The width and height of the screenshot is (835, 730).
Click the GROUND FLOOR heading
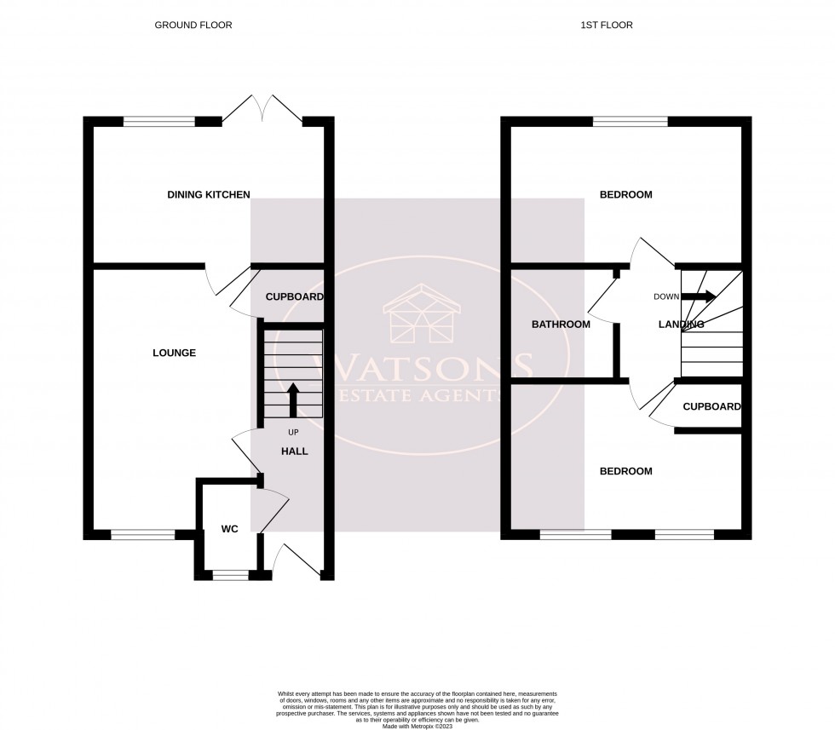click(193, 26)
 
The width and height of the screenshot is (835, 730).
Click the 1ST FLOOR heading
click(606, 26)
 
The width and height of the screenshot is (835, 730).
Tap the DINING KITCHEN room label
click(209, 195)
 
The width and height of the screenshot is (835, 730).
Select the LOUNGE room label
click(174, 353)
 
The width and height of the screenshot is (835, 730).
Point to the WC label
click(229, 529)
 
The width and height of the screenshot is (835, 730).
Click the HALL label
click(295, 451)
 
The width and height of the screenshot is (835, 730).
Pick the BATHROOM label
click(561, 325)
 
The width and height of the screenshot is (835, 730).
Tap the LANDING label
click(681, 325)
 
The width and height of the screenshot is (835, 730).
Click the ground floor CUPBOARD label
click(294, 297)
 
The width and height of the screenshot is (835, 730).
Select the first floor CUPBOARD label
click(711, 407)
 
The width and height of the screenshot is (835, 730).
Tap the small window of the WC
click(229, 575)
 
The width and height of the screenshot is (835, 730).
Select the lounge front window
click(142, 535)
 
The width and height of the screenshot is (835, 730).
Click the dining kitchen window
click(159, 122)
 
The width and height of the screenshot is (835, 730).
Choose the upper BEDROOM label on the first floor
click(625, 195)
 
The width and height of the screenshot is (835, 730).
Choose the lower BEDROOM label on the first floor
click(625, 472)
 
